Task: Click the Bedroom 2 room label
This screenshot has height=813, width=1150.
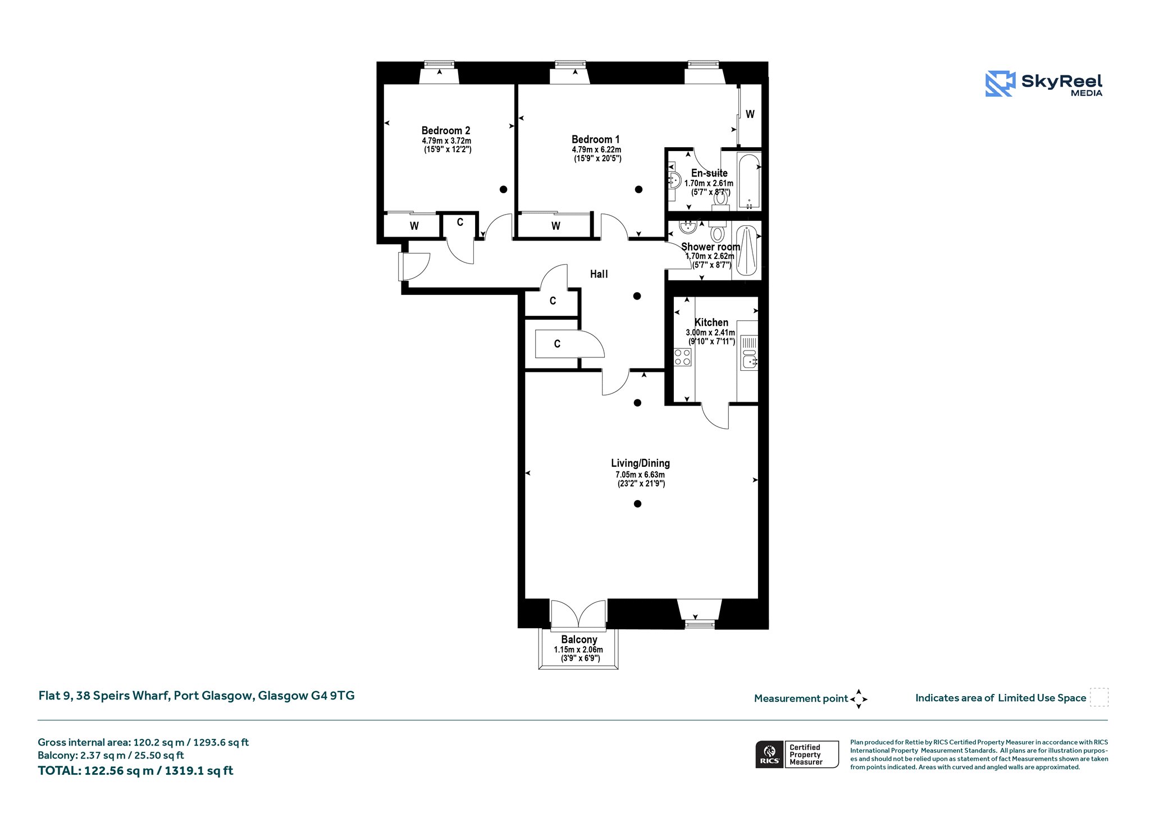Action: (x=446, y=130)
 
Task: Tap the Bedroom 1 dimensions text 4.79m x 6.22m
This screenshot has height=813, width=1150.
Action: (x=596, y=149)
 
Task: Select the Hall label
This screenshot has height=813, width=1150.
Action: (x=599, y=274)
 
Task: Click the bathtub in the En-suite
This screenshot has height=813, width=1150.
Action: (x=749, y=181)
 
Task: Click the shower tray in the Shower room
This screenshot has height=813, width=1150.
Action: (x=747, y=251)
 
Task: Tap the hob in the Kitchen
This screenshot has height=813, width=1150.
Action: (x=682, y=357)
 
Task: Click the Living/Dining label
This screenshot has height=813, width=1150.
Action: (x=640, y=464)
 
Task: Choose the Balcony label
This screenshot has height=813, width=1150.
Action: (x=579, y=639)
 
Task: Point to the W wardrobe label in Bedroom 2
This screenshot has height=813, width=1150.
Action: (x=414, y=226)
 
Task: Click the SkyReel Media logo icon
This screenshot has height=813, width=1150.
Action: (x=1000, y=84)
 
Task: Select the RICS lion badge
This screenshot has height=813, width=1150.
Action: (x=770, y=754)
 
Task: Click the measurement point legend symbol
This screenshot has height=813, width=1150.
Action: (x=859, y=699)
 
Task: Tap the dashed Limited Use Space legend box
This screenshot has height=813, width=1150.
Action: (x=1099, y=697)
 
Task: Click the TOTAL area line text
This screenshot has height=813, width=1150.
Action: (x=135, y=771)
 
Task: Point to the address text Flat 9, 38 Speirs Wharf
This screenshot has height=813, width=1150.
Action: (x=103, y=696)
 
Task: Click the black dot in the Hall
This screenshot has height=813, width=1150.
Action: (x=637, y=296)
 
